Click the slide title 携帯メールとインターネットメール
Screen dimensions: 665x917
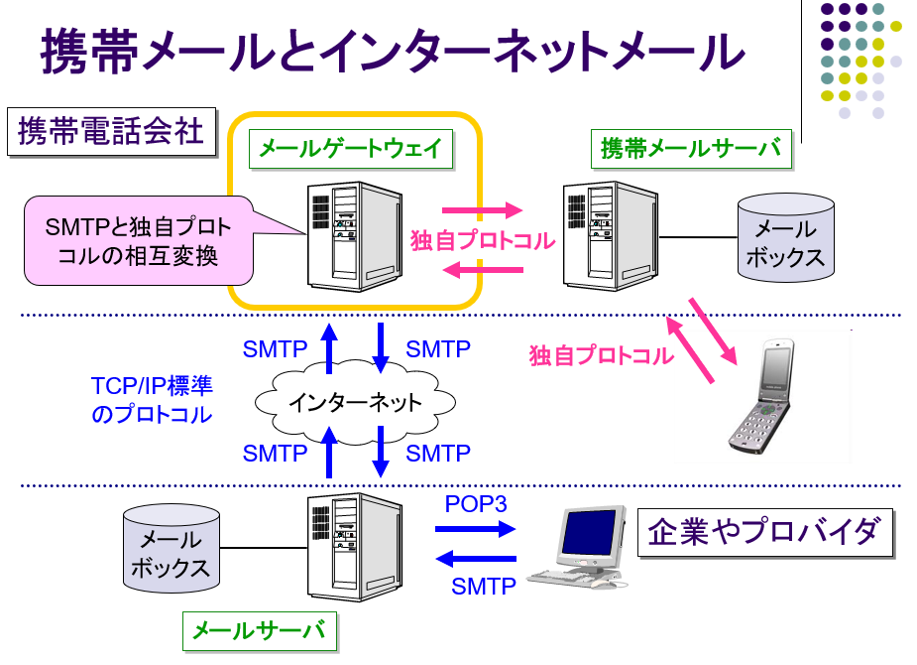[x=392, y=52]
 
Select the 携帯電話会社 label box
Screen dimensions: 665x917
[x=111, y=131]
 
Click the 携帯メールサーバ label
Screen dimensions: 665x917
[x=690, y=149]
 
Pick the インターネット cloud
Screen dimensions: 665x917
[x=355, y=402]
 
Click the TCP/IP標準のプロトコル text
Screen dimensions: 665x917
[x=152, y=400]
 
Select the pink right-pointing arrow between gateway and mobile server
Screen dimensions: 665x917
[x=482, y=210]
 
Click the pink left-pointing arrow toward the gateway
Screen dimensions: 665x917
[x=482, y=269]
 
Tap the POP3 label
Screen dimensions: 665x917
[x=476, y=504]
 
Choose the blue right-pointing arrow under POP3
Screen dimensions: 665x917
[x=476, y=529]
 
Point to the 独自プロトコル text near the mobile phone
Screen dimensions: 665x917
[x=602, y=355]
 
